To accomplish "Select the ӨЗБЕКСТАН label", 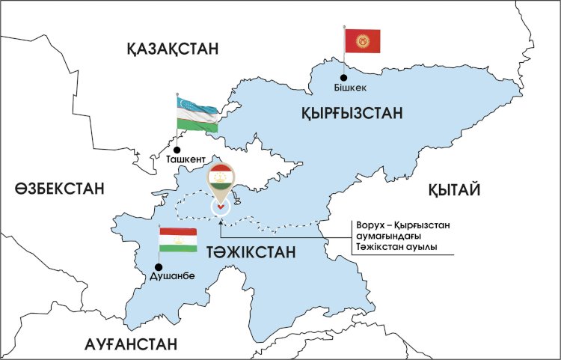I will pos(58,189).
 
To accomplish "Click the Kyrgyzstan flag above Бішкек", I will pos(364,40).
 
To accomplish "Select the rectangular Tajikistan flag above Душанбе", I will pos(178,241).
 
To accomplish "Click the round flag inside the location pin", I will pos(221,177).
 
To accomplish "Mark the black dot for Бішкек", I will pos(343,76).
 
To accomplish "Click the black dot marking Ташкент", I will pos(177,149).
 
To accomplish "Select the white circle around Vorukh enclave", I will pos(221,206).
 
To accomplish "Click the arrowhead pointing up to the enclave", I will pos(221,218).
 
